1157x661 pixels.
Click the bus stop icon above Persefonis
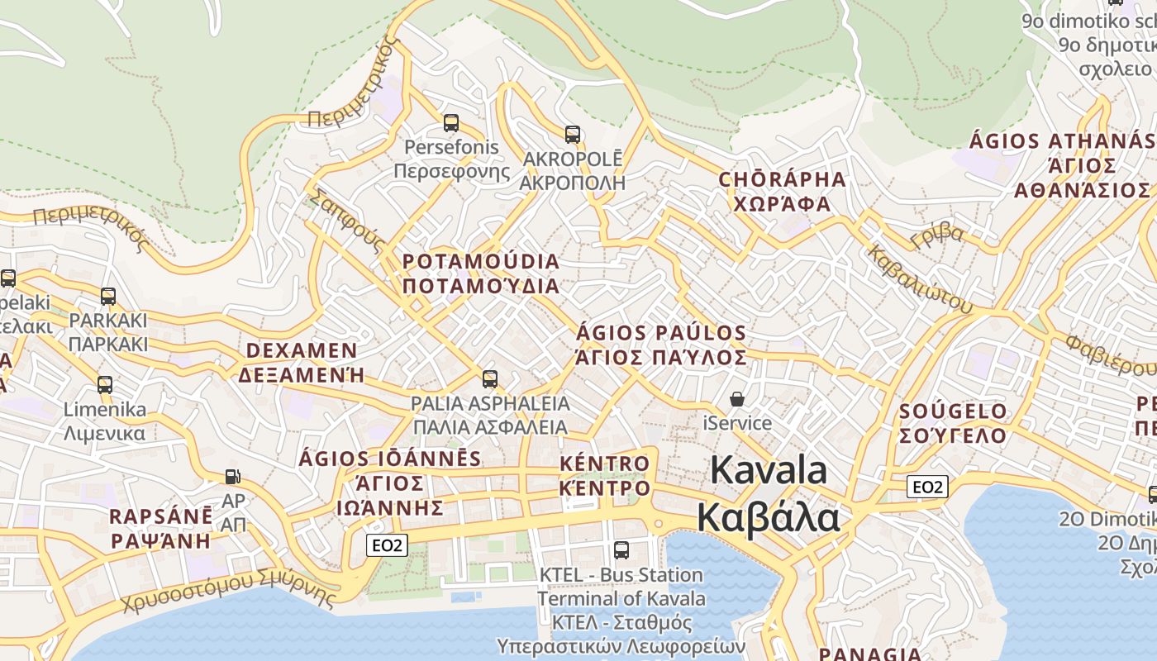[x=450, y=123]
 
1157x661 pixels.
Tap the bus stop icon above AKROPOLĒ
[x=572, y=134]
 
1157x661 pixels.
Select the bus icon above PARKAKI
[x=107, y=296]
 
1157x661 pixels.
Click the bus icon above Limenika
[x=104, y=384]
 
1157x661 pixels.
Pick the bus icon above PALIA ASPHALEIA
[x=490, y=379]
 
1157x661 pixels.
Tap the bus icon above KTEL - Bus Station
[x=621, y=549]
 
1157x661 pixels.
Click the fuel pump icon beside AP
[x=233, y=476]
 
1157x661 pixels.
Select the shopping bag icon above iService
[x=736, y=399]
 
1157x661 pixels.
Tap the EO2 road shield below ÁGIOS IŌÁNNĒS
[x=387, y=544]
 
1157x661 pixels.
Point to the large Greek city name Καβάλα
[x=768, y=518]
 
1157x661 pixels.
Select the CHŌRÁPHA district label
[x=782, y=179]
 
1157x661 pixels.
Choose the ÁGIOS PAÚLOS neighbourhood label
[x=660, y=333]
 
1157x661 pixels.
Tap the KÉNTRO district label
[x=604, y=464]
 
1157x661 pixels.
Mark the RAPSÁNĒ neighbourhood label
[x=161, y=517]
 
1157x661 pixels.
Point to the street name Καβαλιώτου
[x=919, y=279]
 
